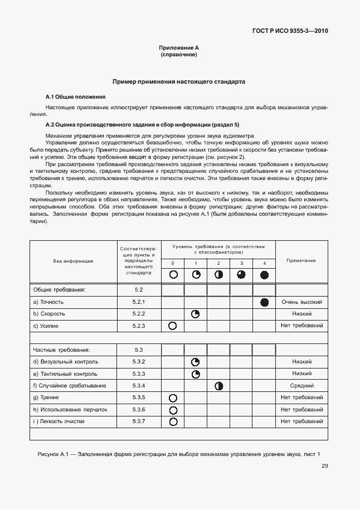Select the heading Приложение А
pos(178,49)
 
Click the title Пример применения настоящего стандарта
pos(178,81)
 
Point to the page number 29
pos(324,467)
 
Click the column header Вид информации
pos(73,260)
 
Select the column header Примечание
pos(301,260)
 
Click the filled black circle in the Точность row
pos(264,302)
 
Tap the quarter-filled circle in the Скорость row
pos(196,314)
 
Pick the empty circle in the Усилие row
pos(173,326)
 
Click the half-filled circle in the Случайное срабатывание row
pos(218,385)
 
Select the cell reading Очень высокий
pos(301,302)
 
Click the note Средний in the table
pos(301,385)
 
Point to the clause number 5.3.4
pos(139,385)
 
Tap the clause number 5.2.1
pos(139,302)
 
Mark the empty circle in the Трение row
pos(173,397)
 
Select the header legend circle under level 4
pos(264,274)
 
